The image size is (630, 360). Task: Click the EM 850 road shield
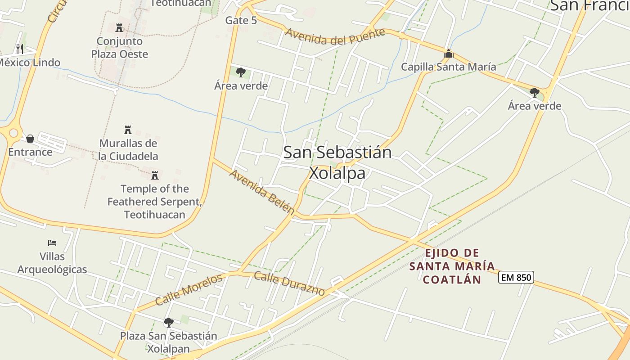[x=516, y=277]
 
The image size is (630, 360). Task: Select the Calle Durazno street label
[x=289, y=283]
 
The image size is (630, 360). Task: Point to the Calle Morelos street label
[x=189, y=290]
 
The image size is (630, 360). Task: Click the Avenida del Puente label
[x=335, y=36]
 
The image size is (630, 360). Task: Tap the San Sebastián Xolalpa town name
[x=337, y=162]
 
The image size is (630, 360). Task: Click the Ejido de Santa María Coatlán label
[x=452, y=266]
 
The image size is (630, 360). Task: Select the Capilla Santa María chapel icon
[x=448, y=54]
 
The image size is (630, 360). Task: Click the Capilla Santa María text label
[x=448, y=67]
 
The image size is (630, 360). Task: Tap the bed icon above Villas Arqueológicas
[x=52, y=243]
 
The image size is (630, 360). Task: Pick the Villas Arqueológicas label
[x=52, y=263]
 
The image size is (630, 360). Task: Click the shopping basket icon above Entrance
[x=30, y=138]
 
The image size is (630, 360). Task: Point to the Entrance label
[x=30, y=152]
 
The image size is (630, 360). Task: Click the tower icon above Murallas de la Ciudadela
[x=128, y=130]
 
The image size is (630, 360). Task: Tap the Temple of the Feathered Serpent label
[x=154, y=201]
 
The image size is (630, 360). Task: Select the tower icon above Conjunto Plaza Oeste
[x=119, y=28]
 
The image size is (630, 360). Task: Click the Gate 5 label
[x=241, y=20]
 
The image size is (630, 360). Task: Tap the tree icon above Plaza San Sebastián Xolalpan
[x=168, y=322]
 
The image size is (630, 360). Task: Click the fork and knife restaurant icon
[x=19, y=49]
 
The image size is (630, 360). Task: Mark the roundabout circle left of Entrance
[x=13, y=133]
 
